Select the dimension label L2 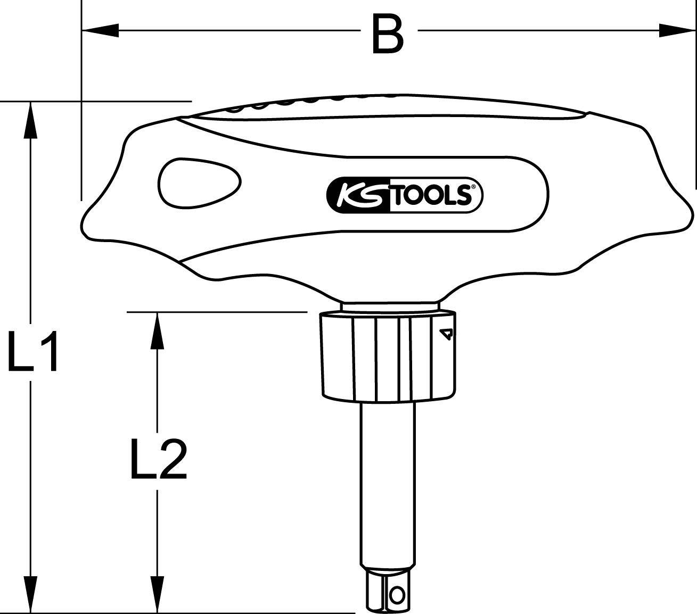point(158,458)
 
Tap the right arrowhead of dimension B point(677,31)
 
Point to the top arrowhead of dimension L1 point(31,120)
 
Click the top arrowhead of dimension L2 point(156,330)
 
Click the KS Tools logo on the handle point(404,195)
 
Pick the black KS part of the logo point(358,196)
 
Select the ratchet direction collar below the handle point(388,355)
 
